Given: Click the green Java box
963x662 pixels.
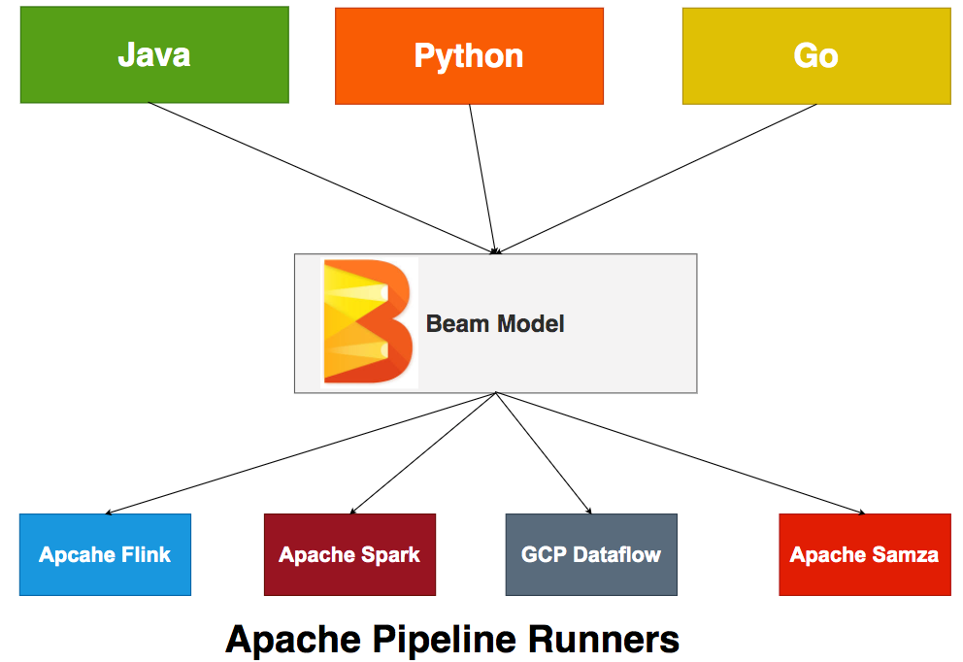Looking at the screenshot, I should tap(154, 55).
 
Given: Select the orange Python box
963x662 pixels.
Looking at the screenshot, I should tap(469, 55).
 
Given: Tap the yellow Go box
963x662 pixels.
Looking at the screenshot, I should tap(815, 55).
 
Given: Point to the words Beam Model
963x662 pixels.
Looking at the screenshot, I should tap(495, 323).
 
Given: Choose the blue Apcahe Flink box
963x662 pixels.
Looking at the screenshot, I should tap(105, 554).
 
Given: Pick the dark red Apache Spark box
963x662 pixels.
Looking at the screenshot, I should tap(349, 554).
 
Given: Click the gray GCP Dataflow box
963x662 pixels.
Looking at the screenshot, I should tap(591, 554).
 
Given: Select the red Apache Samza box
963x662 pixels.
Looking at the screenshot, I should tap(864, 554).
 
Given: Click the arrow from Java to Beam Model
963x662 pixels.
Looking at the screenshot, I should tap(320, 178).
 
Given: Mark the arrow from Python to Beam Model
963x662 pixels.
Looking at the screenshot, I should tap(482, 178).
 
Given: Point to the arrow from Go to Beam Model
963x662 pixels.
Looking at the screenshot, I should tap(657, 178).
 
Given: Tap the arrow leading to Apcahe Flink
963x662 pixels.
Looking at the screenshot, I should tap(301, 452).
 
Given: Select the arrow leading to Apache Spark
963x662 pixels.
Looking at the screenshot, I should tap(423, 452).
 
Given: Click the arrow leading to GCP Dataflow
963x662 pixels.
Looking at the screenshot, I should tap(543, 452).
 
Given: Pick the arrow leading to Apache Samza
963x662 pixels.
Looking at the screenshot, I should tap(680, 452).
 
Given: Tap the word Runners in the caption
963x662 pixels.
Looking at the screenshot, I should tap(604, 640).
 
